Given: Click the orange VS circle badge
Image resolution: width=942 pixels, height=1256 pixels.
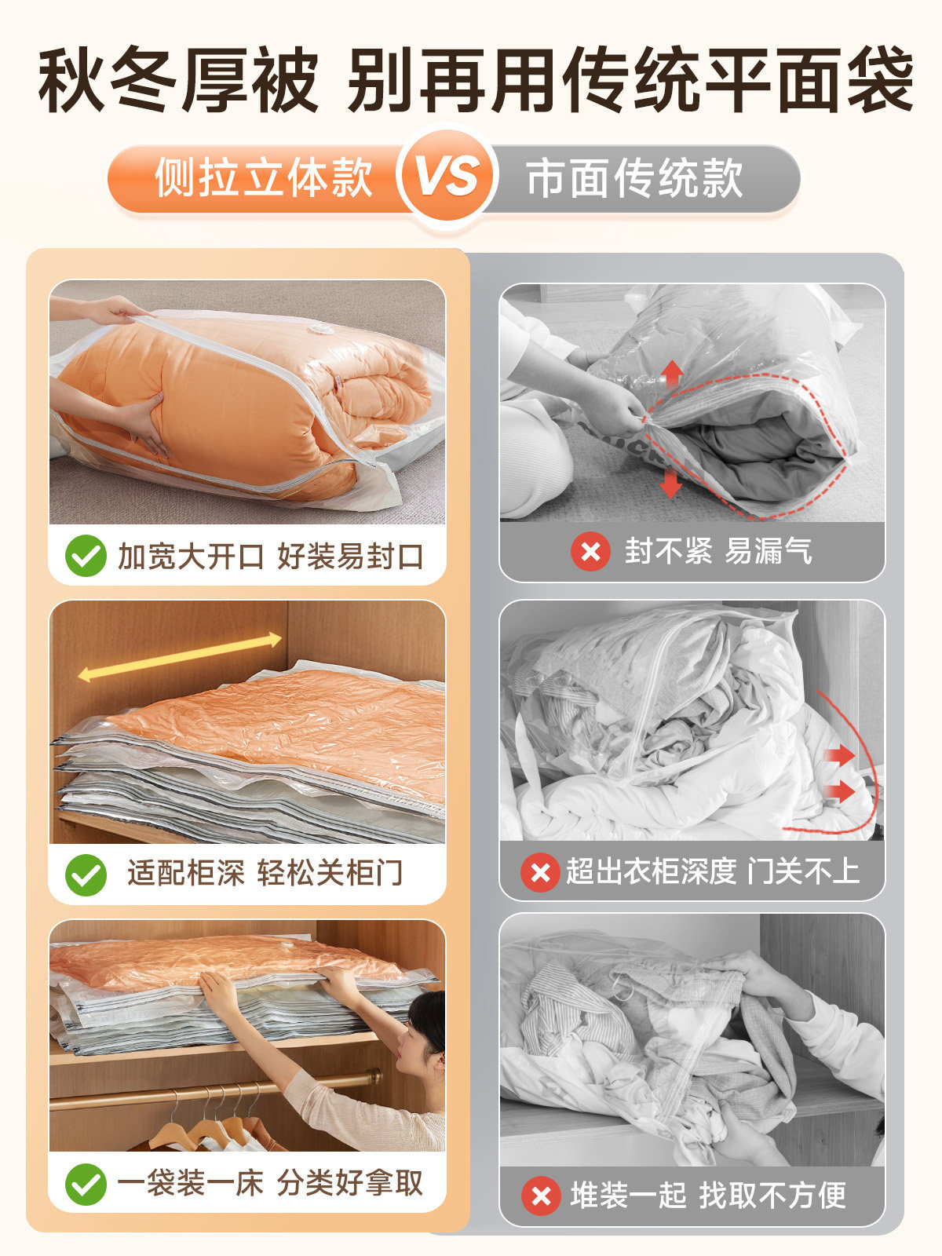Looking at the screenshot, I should tap(447, 176).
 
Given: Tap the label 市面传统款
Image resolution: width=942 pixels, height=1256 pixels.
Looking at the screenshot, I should tap(634, 178).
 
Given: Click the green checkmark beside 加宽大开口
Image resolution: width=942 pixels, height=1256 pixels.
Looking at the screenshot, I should tap(86, 556).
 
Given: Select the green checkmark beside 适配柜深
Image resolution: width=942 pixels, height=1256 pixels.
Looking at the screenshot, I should tap(86, 874).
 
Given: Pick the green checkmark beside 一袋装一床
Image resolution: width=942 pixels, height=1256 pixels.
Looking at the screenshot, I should tap(86, 1184).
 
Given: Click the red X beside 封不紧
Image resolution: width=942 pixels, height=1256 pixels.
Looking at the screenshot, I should tap(590, 551).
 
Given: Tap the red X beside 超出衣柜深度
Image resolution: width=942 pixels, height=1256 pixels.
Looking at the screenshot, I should tap(540, 872).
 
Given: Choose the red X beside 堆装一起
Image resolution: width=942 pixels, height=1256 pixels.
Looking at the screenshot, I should tap(541, 1196).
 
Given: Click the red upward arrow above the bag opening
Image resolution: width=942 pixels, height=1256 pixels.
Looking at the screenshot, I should tap(671, 375).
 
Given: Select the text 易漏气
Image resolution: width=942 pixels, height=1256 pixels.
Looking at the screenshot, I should tap(768, 551).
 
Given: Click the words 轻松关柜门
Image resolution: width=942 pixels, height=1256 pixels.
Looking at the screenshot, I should tap(330, 873).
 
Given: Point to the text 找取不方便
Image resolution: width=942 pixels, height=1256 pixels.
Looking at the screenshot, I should tap(772, 1195).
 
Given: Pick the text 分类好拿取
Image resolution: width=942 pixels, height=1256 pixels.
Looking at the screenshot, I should tap(350, 1183).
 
